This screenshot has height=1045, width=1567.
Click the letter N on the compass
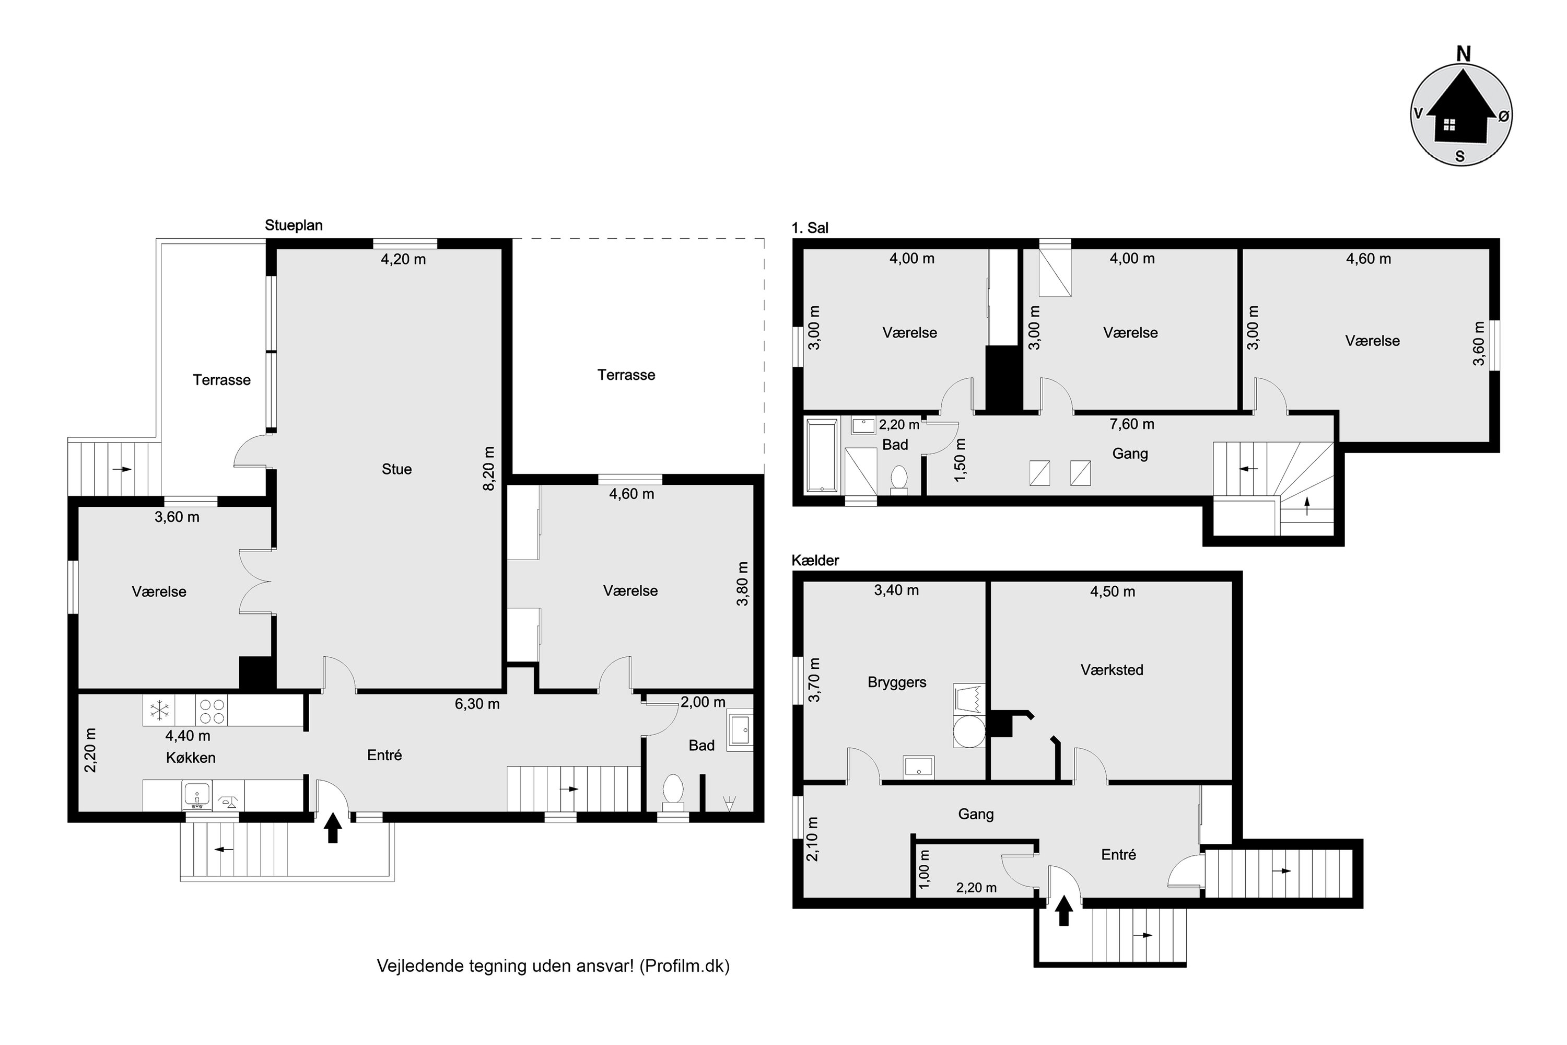1463,54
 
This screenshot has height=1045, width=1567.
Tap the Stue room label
396,469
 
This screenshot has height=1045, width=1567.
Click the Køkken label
191,758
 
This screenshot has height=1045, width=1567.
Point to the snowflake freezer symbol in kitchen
160,711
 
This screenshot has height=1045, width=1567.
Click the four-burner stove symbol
212,711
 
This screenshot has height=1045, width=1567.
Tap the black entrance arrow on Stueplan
333,830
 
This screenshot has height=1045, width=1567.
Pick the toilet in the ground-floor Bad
673,793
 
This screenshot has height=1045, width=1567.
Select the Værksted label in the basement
1112,670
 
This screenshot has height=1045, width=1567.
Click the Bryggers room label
897,682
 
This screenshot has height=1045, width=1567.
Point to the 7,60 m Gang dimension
1131,424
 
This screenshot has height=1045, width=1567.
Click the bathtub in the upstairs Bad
822,455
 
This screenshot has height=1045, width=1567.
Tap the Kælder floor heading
815,561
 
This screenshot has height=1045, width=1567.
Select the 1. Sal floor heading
810,228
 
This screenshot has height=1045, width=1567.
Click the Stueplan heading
294,225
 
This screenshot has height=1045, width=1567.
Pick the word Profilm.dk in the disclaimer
684,966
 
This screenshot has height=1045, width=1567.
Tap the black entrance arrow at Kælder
1063,910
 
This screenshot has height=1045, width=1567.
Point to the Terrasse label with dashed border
626,375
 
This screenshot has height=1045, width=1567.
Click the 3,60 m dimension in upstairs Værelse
1479,343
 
